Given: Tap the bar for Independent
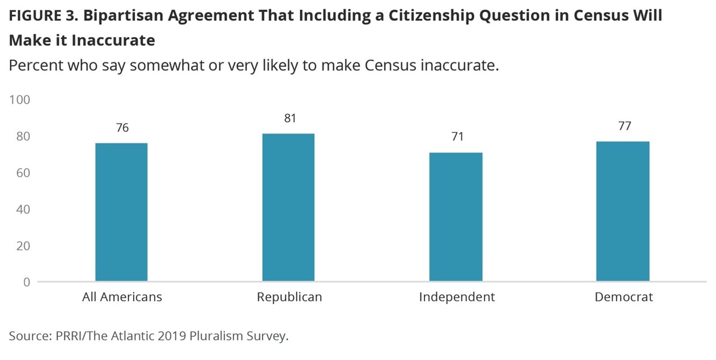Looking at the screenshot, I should coord(456,217).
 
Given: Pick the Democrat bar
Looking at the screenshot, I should coord(622,211).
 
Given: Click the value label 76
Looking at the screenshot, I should coord(122,128).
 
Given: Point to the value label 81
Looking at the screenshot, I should coord(290,118).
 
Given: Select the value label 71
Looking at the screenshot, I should coord(457,137).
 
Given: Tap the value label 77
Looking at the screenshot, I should coord(625,126).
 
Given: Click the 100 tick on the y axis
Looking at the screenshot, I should coord(20,100).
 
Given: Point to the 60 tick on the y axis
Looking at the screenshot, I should coord(23,173).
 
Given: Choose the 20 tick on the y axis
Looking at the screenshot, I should coord(23,246).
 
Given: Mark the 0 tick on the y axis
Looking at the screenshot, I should coord(26,282).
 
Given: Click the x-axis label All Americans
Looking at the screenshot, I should coord(122,297).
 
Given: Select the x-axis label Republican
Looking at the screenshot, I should coord(289,297).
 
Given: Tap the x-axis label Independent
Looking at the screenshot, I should coord(456,297).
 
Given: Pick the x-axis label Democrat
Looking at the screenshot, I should coord(623,297).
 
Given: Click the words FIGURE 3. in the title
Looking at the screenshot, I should coord(43,16).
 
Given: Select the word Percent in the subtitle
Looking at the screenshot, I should coord(35,65).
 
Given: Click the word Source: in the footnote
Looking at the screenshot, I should coord(30,336).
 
